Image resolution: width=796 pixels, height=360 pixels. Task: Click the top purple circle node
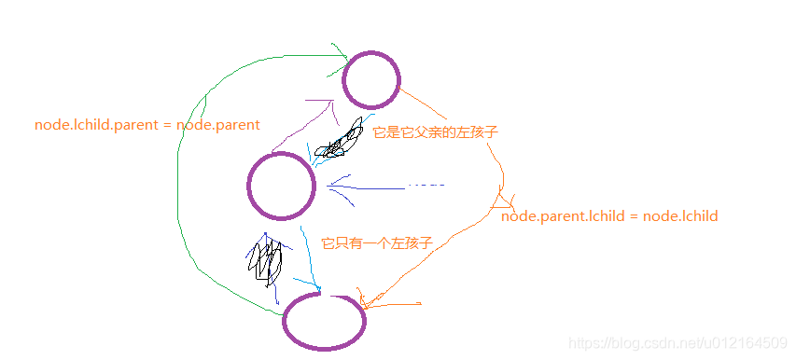pyautogui.click(x=371, y=80)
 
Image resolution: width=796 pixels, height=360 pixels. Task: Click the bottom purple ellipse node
pyautogui.click(x=324, y=321)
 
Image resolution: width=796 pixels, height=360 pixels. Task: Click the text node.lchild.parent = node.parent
pyautogui.click(x=147, y=124)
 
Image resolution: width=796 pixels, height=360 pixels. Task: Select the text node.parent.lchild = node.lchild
pyautogui.click(x=609, y=215)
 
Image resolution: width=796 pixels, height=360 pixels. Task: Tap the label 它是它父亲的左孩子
pyautogui.click(x=435, y=132)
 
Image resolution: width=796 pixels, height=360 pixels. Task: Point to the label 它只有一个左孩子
pyautogui.click(x=377, y=242)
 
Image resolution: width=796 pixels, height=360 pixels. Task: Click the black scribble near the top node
pyautogui.click(x=341, y=141)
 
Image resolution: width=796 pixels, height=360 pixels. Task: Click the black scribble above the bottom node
pyautogui.click(x=265, y=259)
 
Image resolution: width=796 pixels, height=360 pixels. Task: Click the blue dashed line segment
pyautogui.click(x=426, y=186)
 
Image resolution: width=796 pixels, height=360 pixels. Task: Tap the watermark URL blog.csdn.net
pyautogui.click(x=677, y=344)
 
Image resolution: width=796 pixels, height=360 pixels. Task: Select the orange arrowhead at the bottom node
pyautogui.click(x=366, y=300)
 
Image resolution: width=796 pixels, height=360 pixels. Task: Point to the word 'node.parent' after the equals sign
pyautogui.click(x=218, y=124)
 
